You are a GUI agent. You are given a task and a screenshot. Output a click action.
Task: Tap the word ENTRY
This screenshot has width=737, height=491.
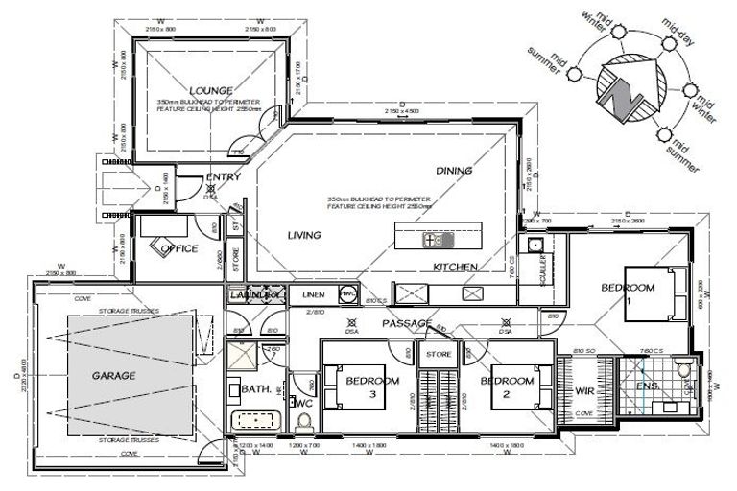(x=224, y=177)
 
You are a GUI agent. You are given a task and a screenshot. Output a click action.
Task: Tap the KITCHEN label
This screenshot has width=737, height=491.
(x=455, y=266)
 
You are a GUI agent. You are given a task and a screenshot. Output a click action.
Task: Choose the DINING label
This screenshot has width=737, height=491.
(x=454, y=171)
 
